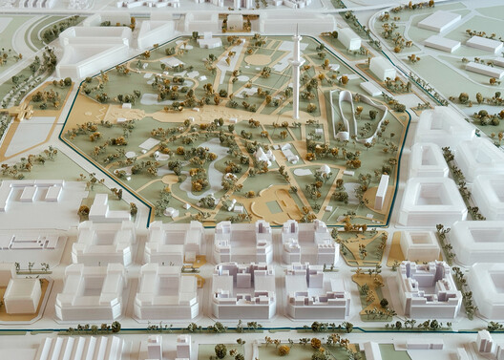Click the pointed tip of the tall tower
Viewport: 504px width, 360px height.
coord(296,27)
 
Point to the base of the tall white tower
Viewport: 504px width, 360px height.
coord(296,116)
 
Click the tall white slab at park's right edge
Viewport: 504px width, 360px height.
coord(383,190)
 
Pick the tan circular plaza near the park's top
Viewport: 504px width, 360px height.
coord(259,59)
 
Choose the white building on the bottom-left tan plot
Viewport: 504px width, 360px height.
coord(22,295)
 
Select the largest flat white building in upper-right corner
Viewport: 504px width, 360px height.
coord(440,21)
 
